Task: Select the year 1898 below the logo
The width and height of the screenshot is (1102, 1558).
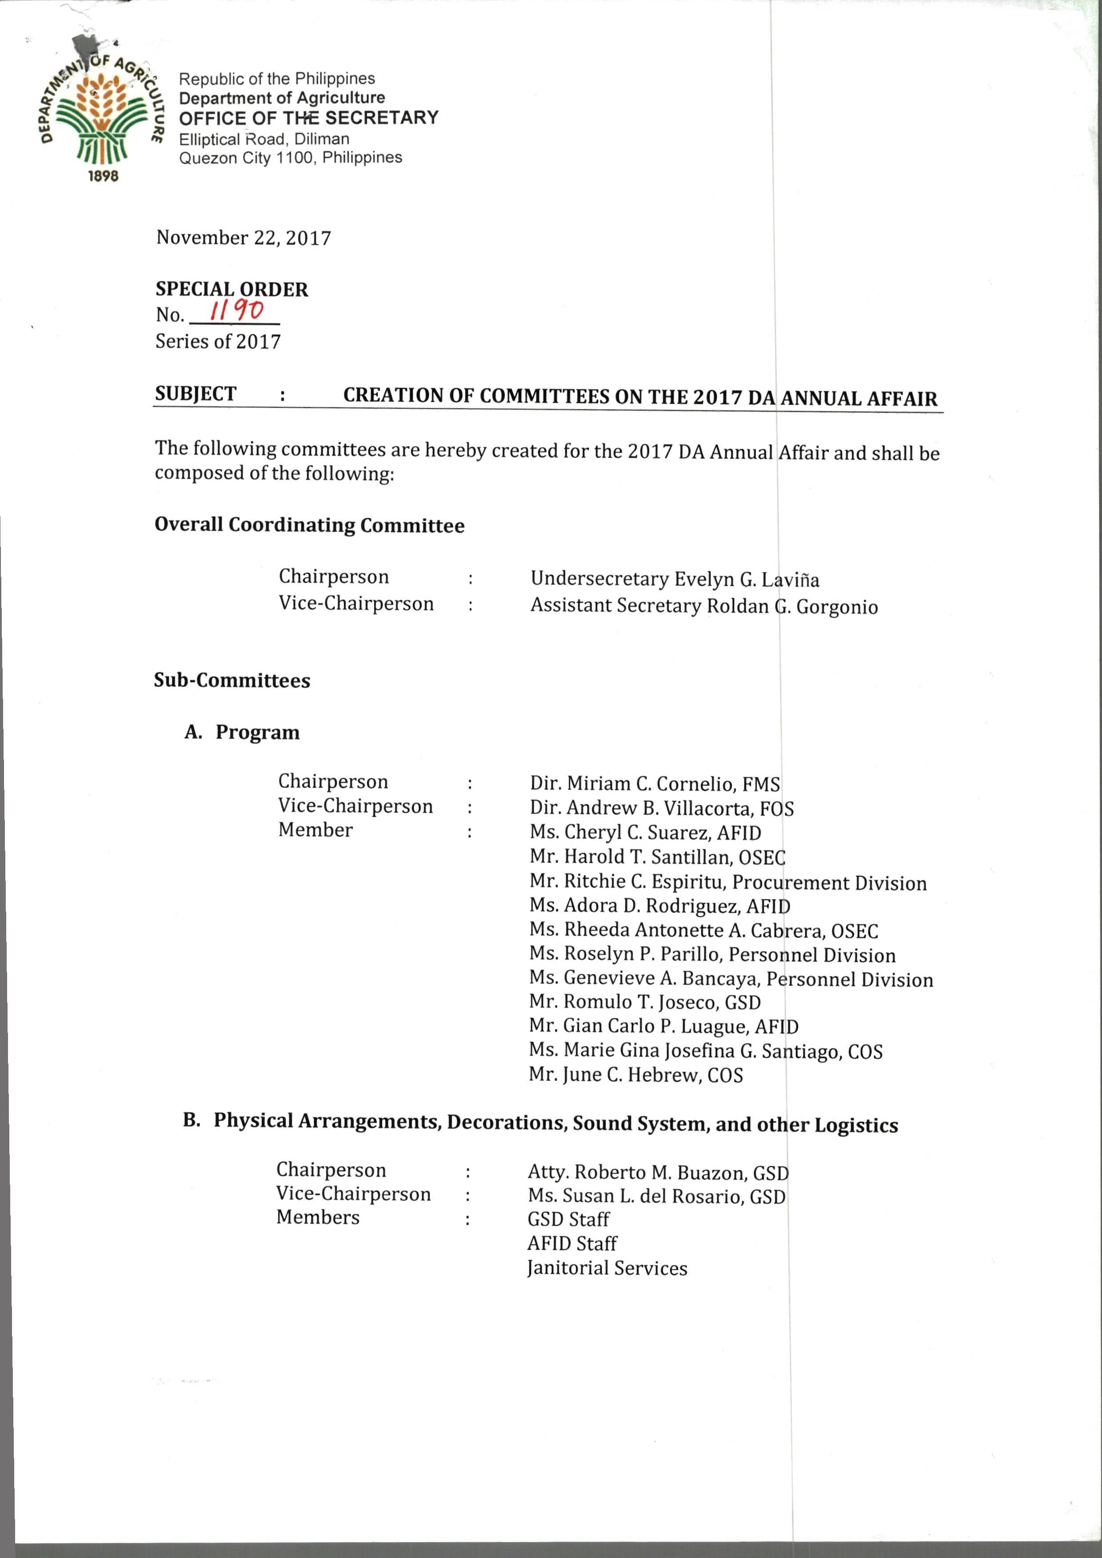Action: coord(103,176)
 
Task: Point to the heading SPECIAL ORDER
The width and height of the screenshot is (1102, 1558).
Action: coord(232,289)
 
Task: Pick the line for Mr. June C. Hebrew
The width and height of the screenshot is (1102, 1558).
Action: coord(635,1075)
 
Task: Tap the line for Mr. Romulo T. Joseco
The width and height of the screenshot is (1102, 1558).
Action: coord(644,1002)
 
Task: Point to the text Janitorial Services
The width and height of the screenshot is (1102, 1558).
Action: coord(607,1268)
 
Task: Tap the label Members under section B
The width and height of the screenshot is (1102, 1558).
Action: coord(317,1217)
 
